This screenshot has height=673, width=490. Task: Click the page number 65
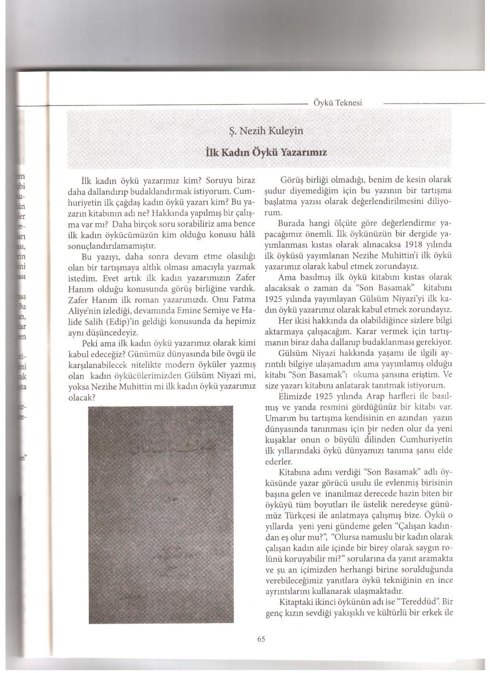(x=261, y=638)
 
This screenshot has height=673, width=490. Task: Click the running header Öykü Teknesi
(x=337, y=103)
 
